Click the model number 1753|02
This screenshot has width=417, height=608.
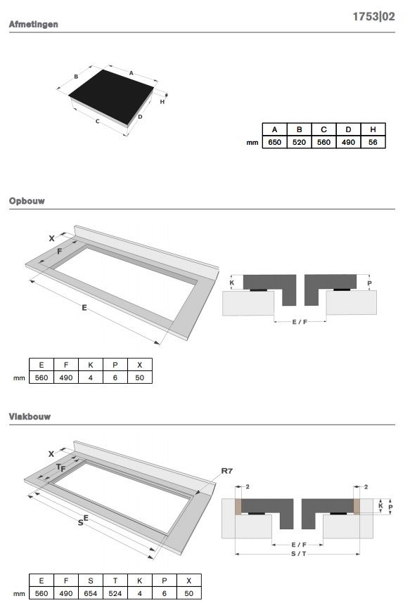pyautogui.click(x=373, y=17)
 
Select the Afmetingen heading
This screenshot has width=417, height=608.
pyautogui.click(x=33, y=25)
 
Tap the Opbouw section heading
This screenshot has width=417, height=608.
pyautogui.click(x=27, y=201)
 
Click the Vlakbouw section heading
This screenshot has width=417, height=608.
pyautogui.click(x=30, y=416)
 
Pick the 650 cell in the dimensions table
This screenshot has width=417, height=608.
pyautogui.click(x=275, y=142)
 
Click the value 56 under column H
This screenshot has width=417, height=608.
pyautogui.click(x=373, y=142)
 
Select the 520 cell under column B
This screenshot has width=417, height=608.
pyautogui.click(x=299, y=142)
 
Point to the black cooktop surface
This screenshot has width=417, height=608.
pyautogui.click(x=111, y=96)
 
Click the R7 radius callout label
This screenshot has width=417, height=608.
pyautogui.click(x=227, y=471)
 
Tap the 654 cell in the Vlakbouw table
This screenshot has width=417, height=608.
pyautogui.click(x=91, y=593)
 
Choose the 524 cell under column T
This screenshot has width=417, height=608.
pyautogui.click(x=115, y=593)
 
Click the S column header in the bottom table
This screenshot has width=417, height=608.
pyautogui.click(x=91, y=581)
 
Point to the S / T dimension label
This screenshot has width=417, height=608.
pyautogui.click(x=299, y=554)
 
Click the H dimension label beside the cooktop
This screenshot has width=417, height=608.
pyautogui.click(x=162, y=102)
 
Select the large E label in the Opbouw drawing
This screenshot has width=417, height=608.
pyautogui.click(x=84, y=308)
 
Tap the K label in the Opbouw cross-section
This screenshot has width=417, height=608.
pyautogui.click(x=232, y=283)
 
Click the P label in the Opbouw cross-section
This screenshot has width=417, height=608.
pyautogui.click(x=369, y=283)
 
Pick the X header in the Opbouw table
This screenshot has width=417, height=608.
pyautogui.click(x=140, y=365)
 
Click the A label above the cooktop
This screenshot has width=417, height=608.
pyautogui.click(x=131, y=73)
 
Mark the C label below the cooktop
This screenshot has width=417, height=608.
pyautogui.click(x=97, y=122)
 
